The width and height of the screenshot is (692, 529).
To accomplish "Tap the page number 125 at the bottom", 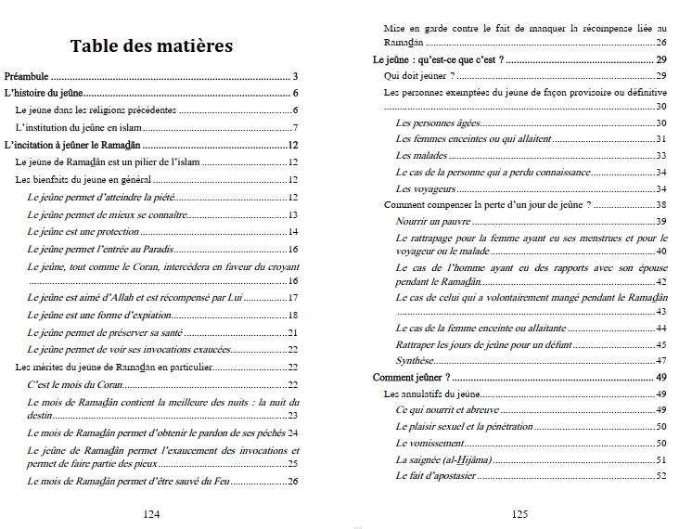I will click(x=519, y=513).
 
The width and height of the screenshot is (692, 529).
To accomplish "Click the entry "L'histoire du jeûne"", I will click(x=45, y=94).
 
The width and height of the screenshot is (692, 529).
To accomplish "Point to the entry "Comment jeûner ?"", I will click(x=411, y=378).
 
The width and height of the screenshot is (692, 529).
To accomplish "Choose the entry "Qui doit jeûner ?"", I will click(x=418, y=76).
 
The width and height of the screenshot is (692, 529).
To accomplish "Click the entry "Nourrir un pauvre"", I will click(x=432, y=222).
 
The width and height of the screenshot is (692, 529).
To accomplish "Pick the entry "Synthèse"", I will click(x=414, y=360).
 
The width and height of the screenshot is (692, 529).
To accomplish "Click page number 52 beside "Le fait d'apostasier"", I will click(x=661, y=477).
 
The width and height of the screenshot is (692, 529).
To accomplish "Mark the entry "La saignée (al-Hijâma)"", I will click(x=444, y=460).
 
